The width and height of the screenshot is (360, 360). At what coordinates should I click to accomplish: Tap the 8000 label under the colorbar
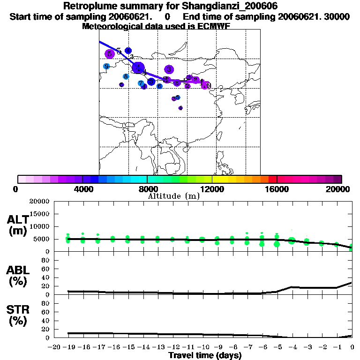coord(147,189)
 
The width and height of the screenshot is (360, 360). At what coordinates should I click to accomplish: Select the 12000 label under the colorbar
coord(212,189)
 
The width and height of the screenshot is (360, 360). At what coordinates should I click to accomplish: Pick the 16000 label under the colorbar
coord(277,189)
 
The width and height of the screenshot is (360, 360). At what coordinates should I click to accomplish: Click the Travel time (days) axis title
coord(205,356)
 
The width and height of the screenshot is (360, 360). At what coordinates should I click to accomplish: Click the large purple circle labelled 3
coord(169,69)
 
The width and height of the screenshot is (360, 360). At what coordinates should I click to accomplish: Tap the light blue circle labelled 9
coord(106,66)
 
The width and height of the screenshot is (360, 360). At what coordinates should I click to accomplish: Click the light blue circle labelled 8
coord(126,76)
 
